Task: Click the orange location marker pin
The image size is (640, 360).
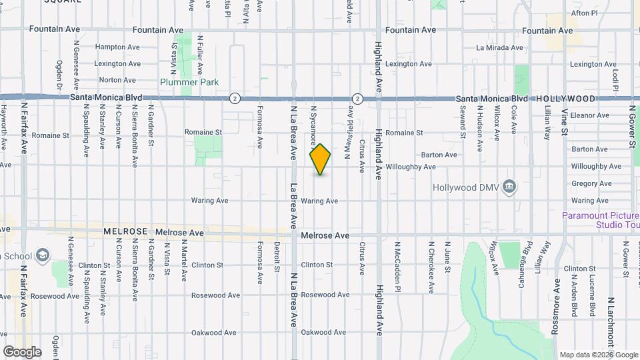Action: [321, 159]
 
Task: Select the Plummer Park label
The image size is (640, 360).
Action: [189, 82]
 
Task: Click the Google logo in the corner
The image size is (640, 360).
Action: [21, 352]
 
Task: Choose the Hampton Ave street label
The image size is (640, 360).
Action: [117, 47]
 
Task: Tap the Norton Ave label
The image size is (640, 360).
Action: [117, 80]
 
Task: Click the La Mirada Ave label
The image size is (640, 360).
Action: [499, 48]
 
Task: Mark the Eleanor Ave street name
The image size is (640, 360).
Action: [589, 115]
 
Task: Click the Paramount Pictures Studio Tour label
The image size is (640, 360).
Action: [600, 220]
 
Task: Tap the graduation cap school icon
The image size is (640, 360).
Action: [43, 255]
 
